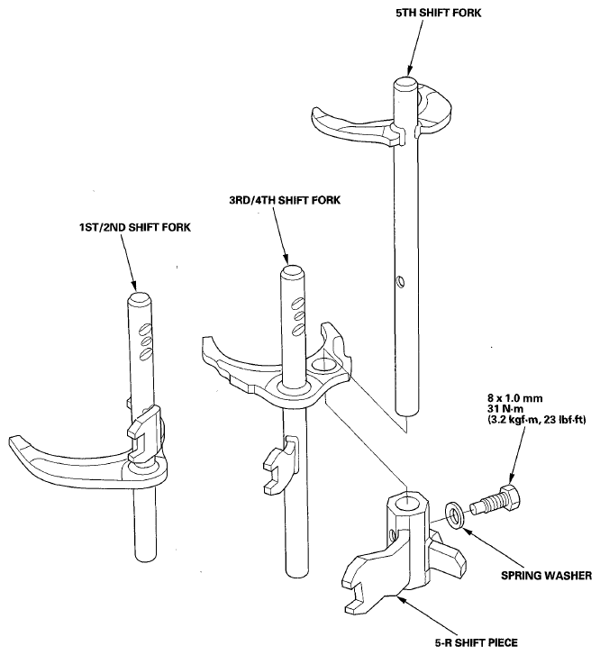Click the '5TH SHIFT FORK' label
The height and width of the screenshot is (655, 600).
click(x=439, y=13)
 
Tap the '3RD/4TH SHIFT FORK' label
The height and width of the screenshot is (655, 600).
click(x=285, y=200)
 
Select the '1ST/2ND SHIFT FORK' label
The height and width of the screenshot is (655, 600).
click(x=135, y=227)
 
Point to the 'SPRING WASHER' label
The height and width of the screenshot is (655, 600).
click(x=547, y=575)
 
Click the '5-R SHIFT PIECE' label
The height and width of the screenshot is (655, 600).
click(x=477, y=642)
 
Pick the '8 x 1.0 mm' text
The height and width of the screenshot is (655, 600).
click(x=514, y=397)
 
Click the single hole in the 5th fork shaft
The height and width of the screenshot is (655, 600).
click(x=401, y=281)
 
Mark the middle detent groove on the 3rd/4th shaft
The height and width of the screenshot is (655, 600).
click(x=299, y=315)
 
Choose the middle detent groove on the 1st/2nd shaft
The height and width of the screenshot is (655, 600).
click(x=146, y=341)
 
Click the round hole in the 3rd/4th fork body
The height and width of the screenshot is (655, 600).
click(x=323, y=365)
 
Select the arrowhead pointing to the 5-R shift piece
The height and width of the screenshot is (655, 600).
click(x=401, y=600)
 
